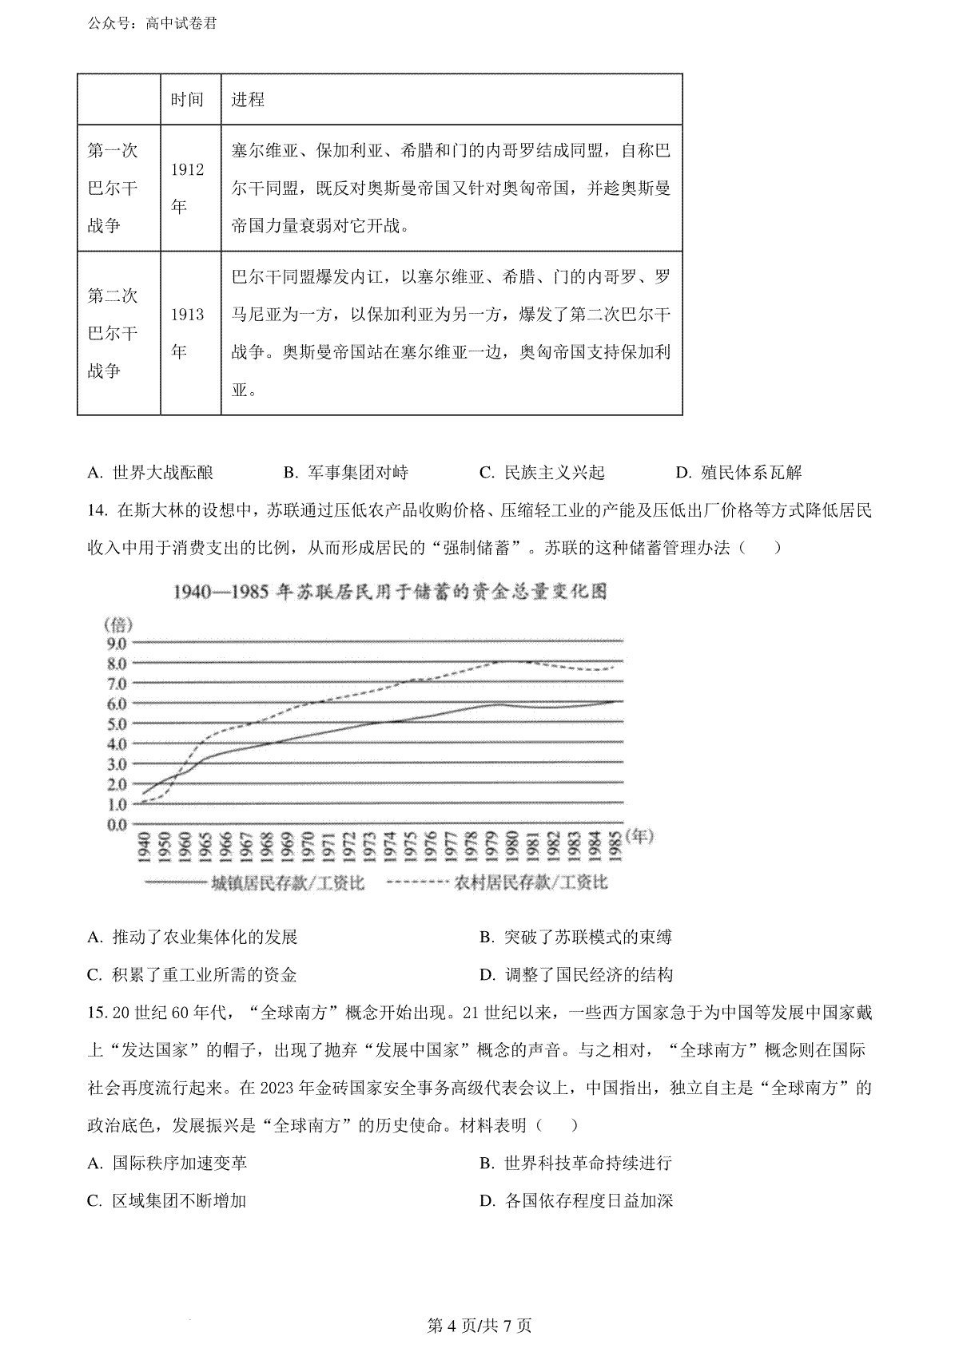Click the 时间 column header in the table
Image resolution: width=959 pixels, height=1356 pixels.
pyautogui.click(x=187, y=100)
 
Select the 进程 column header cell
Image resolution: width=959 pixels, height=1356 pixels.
pyautogui.click(x=248, y=100)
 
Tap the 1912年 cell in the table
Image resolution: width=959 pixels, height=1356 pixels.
pyautogui.click(x=187, y=188)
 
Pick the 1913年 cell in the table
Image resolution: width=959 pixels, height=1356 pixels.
pyautogui.click(x=187, y=332)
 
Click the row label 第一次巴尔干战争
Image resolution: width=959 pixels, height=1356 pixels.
pyautogui.click(x=113, y=188)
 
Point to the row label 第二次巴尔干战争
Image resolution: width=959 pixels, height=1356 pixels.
pyautogui.click(x=113, y=332)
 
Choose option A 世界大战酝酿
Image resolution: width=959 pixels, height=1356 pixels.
pyautogui.click(x=151, y=473)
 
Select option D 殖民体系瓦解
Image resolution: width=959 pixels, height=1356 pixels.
pyautogui.click(x=738, y=473)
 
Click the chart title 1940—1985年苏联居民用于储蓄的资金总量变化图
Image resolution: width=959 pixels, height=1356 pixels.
pyautogui.click(x=390, y=592)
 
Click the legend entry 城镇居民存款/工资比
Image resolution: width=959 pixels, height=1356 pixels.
pyautogui.click(x=254, y=882)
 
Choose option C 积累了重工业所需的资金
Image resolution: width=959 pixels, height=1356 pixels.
pyautogui.click(x=193, y=975)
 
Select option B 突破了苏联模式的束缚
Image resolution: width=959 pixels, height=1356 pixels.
pyautogui.click(x=576, y=938)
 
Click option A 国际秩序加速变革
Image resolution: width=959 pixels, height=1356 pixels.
pyautogui.click(x=168, y=1163)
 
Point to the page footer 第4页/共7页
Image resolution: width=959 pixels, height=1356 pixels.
pyautogui.click(x=479, y=1326)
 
